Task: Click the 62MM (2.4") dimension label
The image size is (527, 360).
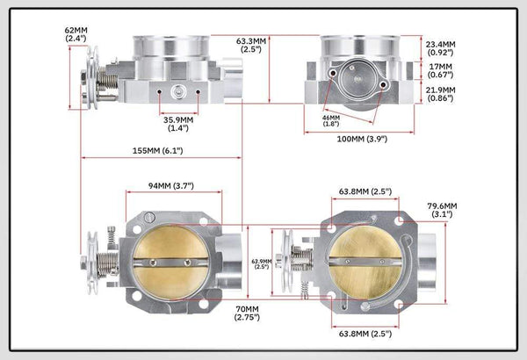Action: click(x=76, y=34)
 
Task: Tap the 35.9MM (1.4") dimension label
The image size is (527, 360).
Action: click(x=178, y=124)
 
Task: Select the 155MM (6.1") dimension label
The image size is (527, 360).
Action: click(x=157, y=151)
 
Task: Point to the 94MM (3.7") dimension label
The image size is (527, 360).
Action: click(x=171, y=185)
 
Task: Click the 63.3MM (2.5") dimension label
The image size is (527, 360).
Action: click(x=251, y=45)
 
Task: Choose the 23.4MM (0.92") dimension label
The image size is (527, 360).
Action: click(x=441, y=48)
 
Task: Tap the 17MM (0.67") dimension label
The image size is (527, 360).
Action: click(x=441, y=70)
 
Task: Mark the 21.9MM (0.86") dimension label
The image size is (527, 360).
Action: click(x=441, y=94)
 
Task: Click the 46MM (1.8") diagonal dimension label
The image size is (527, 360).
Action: click(x=331, y=120)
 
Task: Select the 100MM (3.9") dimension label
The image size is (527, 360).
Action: click(x=362, y=139)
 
